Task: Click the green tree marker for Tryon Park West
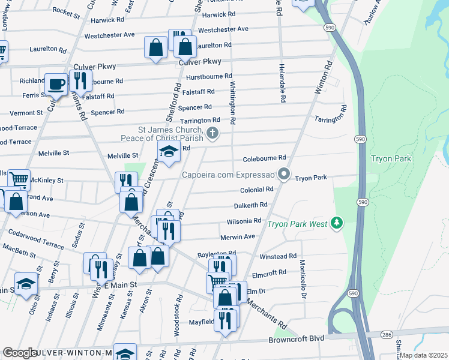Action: [337, 224]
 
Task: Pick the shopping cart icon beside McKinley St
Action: [19, 179]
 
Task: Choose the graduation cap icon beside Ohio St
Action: [26, 284]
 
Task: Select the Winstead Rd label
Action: [278, 256]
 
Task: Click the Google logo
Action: [20, 353]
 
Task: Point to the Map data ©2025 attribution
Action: [423, 355]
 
